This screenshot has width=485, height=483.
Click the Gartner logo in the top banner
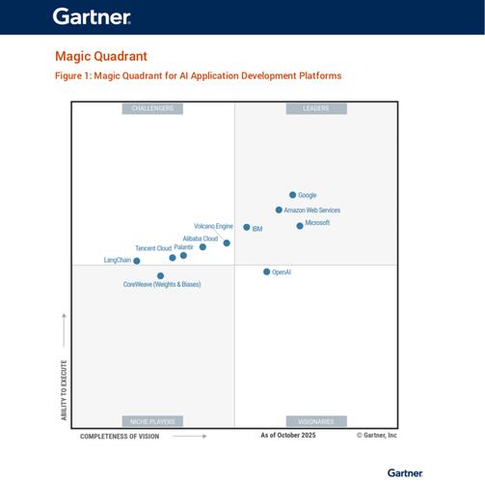[92, 16]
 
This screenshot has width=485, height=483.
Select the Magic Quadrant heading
[101, 57]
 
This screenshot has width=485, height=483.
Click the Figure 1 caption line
[198, 75]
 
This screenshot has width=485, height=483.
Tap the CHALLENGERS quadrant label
[152, 108]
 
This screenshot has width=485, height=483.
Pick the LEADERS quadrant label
[315, 108]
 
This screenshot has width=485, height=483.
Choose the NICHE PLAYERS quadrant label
[152, 421]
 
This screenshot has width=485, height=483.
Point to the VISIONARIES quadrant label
[315, 421]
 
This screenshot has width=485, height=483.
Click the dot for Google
[293, 195]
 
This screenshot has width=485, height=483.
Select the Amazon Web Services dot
[279, 210]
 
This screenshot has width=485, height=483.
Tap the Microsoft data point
[300, 226]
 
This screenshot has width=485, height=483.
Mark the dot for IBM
[247, 228]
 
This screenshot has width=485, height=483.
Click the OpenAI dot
[267, 272]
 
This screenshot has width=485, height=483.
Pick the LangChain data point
[137, 261]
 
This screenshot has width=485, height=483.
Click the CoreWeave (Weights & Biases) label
[162, 285]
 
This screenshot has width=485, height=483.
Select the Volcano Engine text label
[213, 226]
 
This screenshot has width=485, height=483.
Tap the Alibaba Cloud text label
[200, 238]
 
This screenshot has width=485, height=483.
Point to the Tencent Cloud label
[152, 248]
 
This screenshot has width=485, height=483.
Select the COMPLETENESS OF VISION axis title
[120, 436]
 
